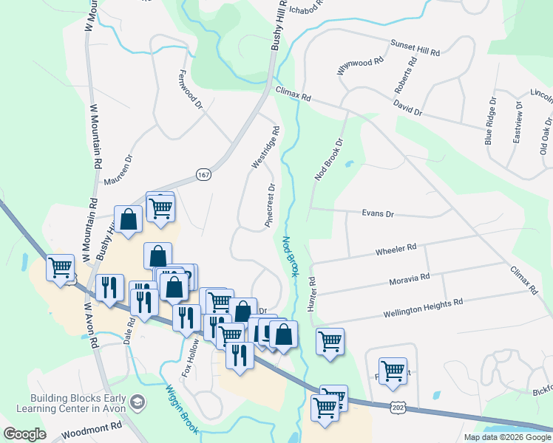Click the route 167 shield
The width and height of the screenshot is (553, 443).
(x=204, y=174)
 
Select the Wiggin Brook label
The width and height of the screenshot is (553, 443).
(x=180, y=406)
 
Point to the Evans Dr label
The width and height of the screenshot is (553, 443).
(x=378, y=214)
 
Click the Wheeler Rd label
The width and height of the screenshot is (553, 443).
(x=396, y=249)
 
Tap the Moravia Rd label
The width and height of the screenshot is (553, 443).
(x=409, y=278)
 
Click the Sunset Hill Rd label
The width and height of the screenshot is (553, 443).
(x=415, y=48)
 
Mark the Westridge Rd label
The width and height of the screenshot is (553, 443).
(x=265, y=148)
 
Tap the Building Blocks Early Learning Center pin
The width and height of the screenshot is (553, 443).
(x=137, y=402)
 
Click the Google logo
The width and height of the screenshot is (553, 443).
(x=24, y=434)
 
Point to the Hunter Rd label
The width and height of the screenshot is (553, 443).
(x=313, y=293)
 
